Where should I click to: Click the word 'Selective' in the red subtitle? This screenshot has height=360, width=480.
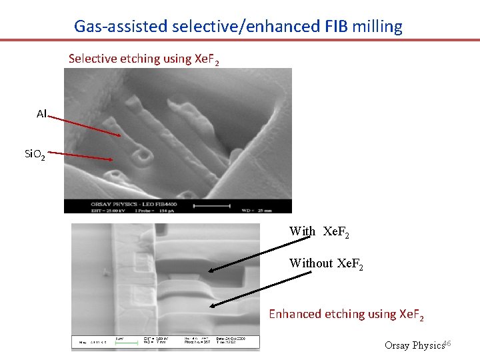(93, 59)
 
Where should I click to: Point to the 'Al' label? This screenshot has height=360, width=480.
(41, 114)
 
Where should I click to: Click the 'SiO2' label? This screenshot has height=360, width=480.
(35, 155)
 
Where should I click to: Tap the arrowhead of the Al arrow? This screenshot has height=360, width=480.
(120, 136)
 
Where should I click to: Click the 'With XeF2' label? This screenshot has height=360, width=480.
(319, 232)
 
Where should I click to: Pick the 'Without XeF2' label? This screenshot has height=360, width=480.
(325, 264)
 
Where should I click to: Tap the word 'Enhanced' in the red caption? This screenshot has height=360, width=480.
(295, 314)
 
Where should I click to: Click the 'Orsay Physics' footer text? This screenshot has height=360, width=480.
(414, 345)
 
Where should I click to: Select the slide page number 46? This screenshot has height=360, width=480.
(447, 343)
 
